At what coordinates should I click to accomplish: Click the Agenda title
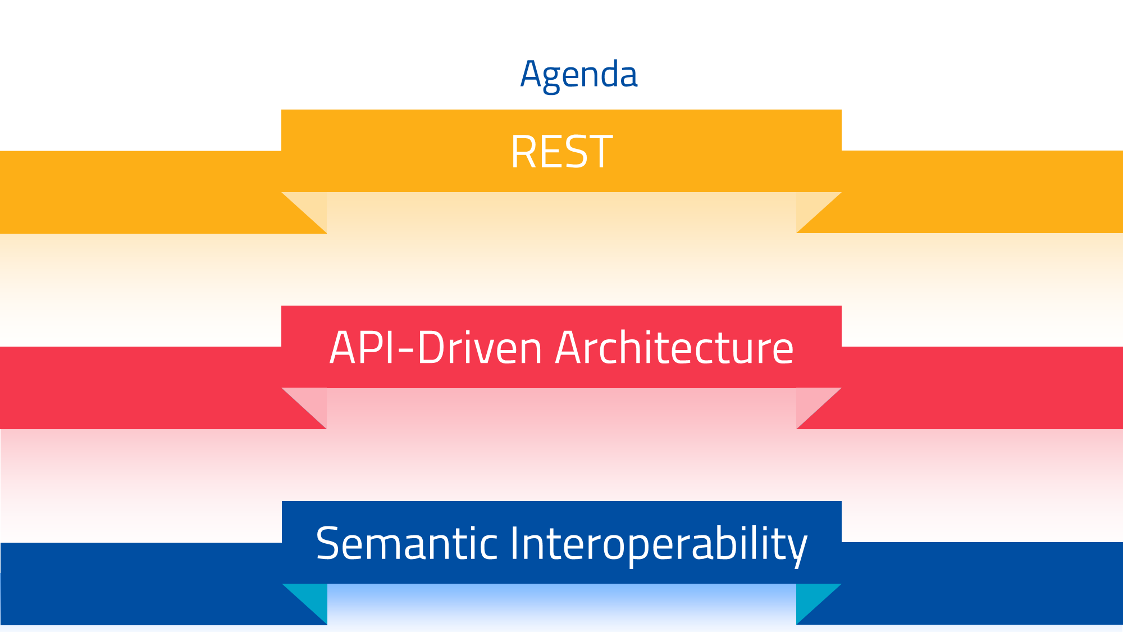(x=579, y=74)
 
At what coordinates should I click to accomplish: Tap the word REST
(x=561, y=152)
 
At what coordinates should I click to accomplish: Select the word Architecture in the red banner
(x=674, y=348)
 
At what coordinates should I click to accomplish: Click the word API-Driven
(x=436, y=348)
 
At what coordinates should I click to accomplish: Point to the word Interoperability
(x=658, y=544)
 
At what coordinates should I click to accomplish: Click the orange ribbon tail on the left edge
(x=140, y=192)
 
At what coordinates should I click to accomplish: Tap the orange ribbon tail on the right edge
(x=983, y=192)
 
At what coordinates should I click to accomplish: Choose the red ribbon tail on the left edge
(x=140, y=388)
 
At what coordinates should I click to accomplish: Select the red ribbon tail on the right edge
(x=983, y=388)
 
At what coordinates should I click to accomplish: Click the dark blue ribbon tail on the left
(x=140, y=584)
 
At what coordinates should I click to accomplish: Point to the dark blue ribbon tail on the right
(x=983, y=584)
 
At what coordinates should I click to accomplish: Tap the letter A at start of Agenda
(x=531, y=74)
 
